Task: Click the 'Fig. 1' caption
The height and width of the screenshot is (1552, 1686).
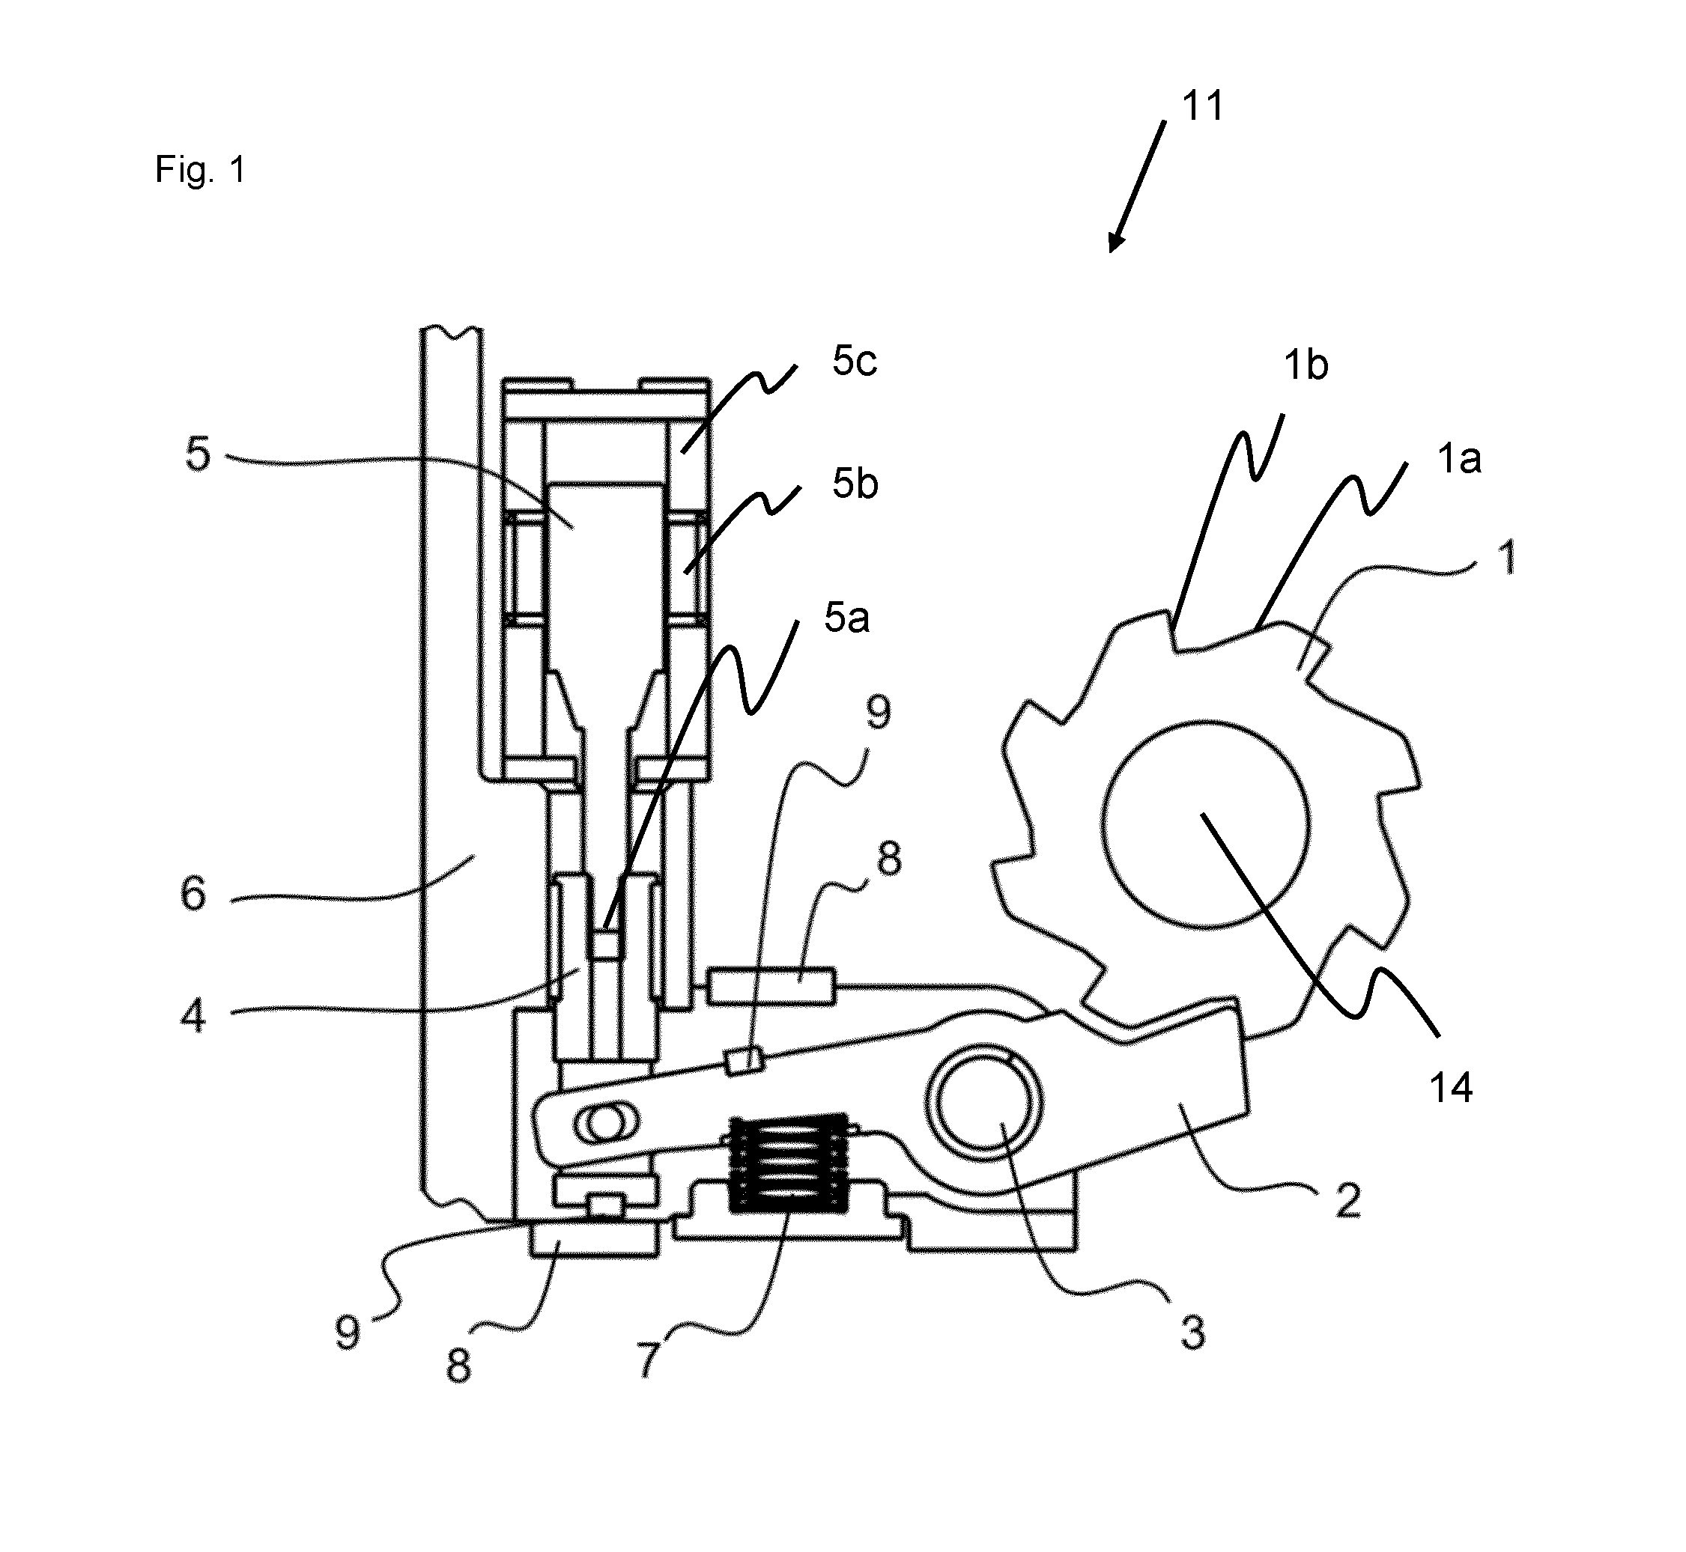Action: [x=200, y=171]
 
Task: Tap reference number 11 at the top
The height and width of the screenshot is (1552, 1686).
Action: [x=1202, y=106]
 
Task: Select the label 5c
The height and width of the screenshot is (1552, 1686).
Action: [x=855, y=361]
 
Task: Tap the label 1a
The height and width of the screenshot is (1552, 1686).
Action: [x=1459, y=458]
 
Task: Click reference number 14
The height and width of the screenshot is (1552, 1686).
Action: [x=1451, y=1088]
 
